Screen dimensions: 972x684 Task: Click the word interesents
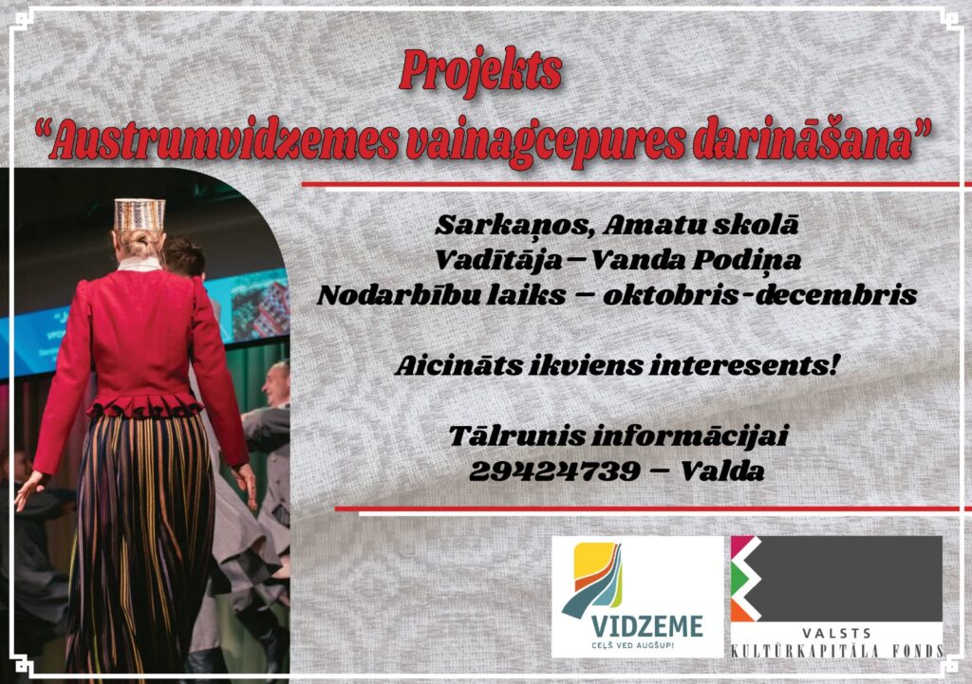744,365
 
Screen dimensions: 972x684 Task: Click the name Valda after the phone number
722,471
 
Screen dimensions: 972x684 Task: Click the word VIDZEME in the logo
646,626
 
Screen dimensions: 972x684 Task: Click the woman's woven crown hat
140,214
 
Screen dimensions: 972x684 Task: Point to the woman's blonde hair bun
137,244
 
